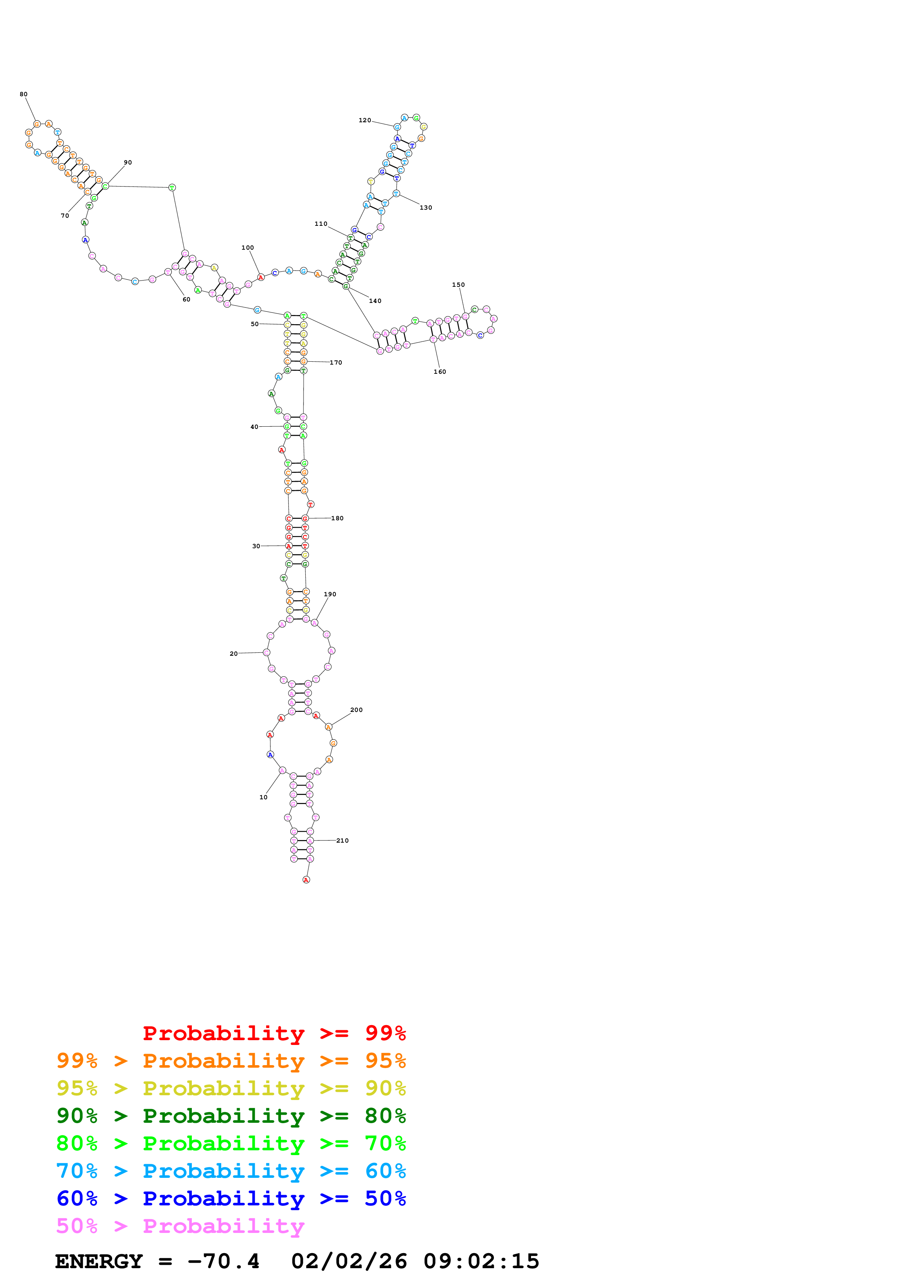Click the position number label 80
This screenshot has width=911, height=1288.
[24, 94]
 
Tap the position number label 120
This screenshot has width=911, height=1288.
[365, 120]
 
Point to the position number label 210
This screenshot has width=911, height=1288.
[342, 840]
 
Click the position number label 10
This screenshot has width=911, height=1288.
[263, 797]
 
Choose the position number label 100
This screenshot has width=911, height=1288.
[248, 247]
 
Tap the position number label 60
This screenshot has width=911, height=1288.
[186, 300]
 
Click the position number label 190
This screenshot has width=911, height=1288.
[330, 594]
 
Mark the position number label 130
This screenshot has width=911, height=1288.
[426, 207]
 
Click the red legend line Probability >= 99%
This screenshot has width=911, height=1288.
[274, 1033]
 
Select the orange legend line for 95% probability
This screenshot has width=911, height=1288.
[231, 1061]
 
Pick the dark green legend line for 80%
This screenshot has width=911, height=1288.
[231, 1116]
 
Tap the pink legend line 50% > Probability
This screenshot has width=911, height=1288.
[180, 1226]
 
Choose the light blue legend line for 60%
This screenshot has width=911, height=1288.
[231, 1171]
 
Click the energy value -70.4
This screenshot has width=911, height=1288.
[223, 1262]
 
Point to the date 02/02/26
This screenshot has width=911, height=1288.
[349, 1262]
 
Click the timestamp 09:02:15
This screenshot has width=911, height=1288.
[481, 1262]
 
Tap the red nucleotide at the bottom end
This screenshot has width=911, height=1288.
[306, 880]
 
